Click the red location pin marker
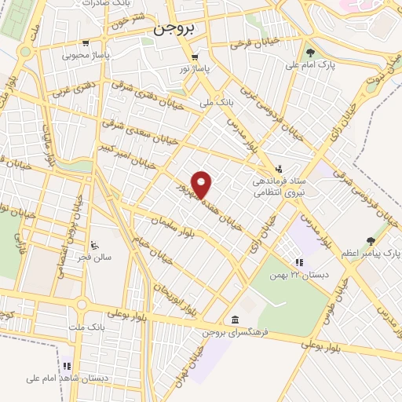click(x=203, y=185)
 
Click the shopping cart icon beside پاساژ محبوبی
click(x=85, y=44)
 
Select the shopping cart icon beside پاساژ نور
click(x=193, y=57)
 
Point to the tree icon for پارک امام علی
click(x=311, y=53)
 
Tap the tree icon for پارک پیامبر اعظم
click(x=371, y=241)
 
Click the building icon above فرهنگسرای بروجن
click(x=236, y=319)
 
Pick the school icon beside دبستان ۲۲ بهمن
click(x=298, y=262)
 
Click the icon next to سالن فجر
click(x=95, y=245)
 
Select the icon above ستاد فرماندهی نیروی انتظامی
click(x=280, y=167)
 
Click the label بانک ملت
click(x=98, y=324)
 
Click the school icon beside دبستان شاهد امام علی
click(x=68, y=366)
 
